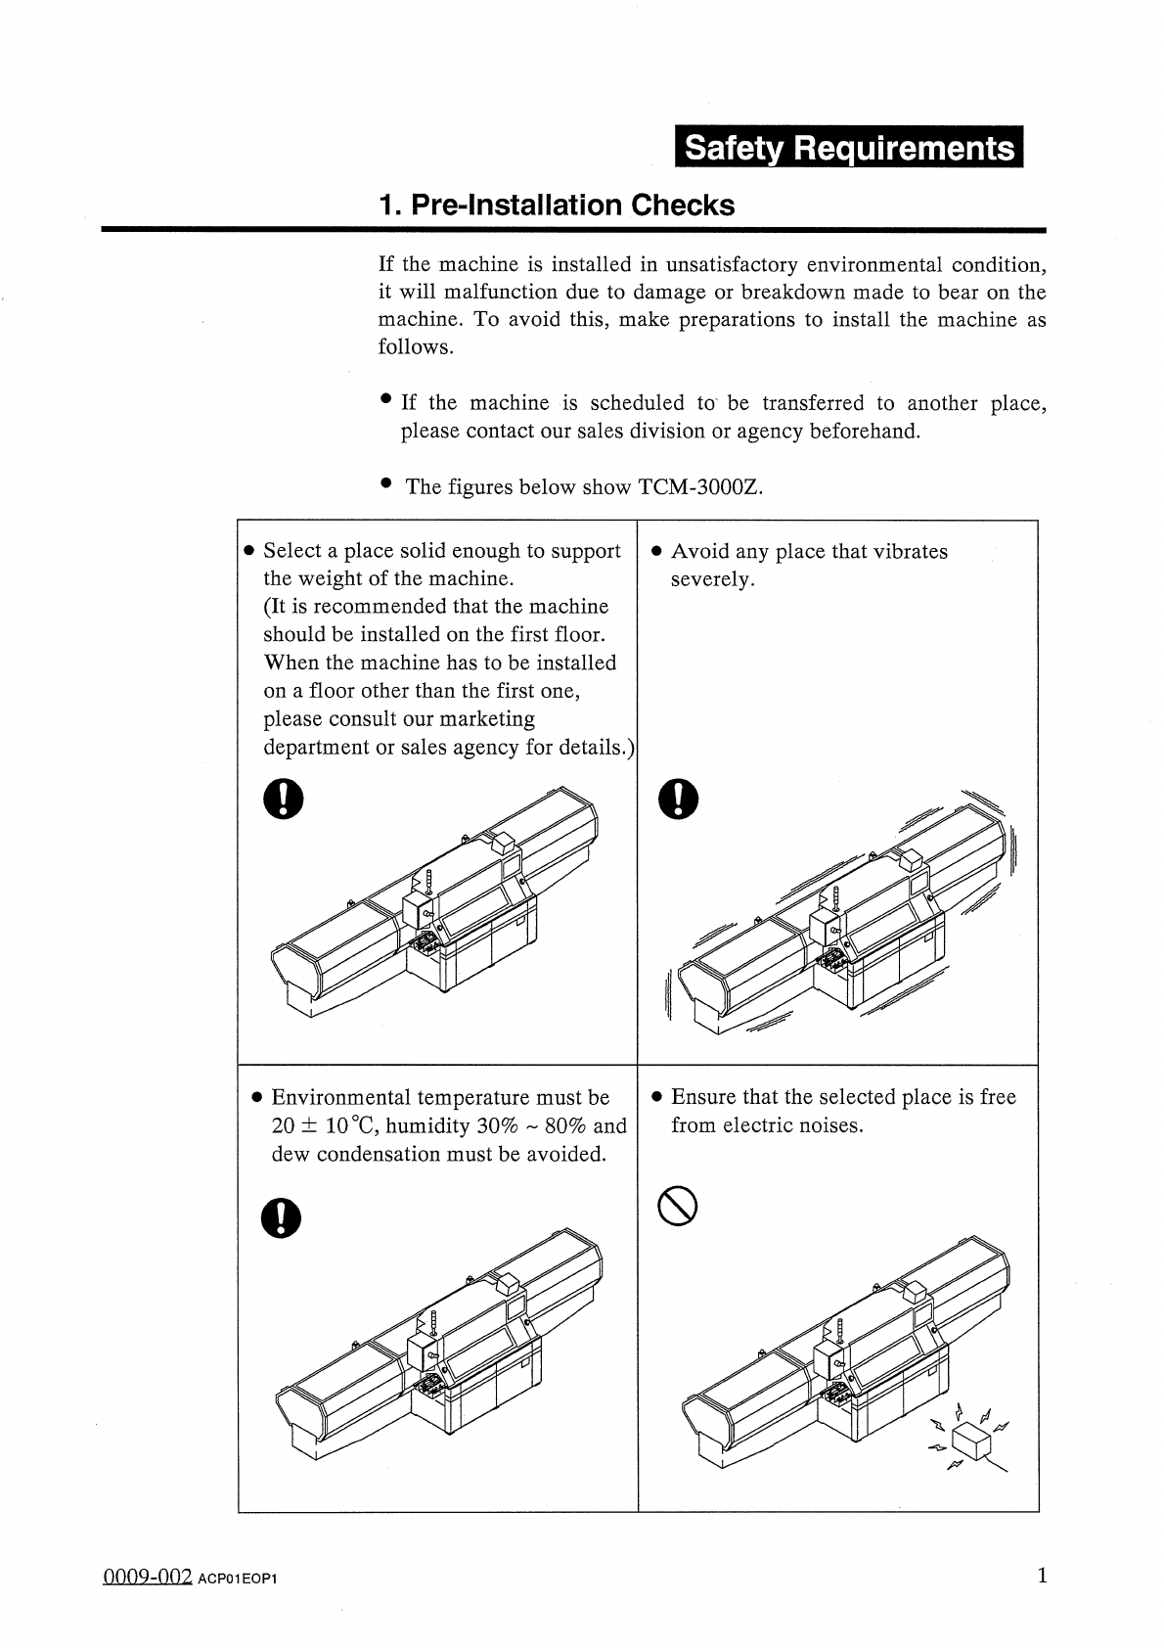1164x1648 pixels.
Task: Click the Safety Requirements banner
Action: [x=848, y=149]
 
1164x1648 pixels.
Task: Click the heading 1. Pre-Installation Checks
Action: [x=557, y=206]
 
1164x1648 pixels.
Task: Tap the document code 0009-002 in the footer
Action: [x=146, y=1578]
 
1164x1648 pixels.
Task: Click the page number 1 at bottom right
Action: [x=1042, y=1576]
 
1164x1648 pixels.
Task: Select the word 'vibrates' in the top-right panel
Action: [x=907, y=552]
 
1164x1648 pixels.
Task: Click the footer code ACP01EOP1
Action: [x=238, y=1579]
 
